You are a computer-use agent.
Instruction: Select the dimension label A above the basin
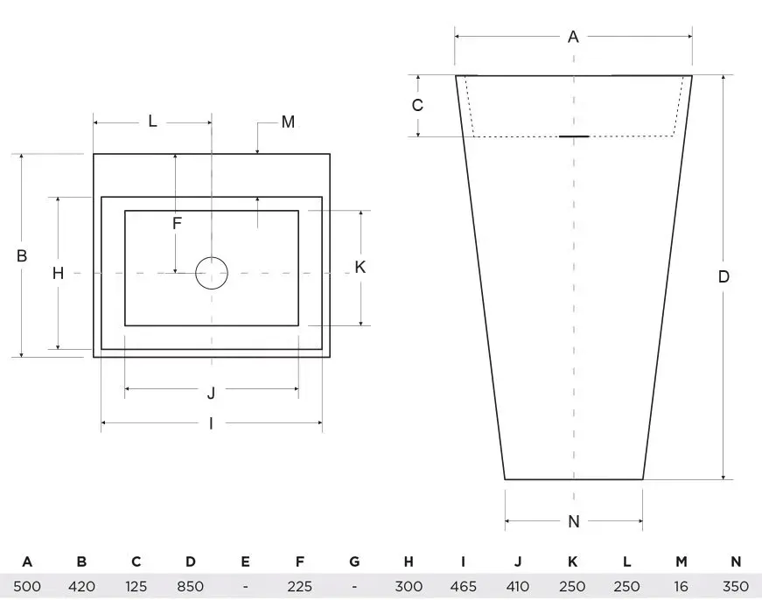point(573,37)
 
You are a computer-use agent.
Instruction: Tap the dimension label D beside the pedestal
point(724,277)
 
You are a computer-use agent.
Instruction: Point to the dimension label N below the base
point(574,522)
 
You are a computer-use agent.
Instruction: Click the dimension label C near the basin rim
point(417,106)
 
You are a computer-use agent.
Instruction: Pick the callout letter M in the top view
point(288,122)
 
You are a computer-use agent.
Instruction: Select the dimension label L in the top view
point(152,122)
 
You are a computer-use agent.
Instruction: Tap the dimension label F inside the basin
point(177,224)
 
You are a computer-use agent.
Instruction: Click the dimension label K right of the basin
point(360,268)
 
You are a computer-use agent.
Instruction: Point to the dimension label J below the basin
point(211,393)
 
